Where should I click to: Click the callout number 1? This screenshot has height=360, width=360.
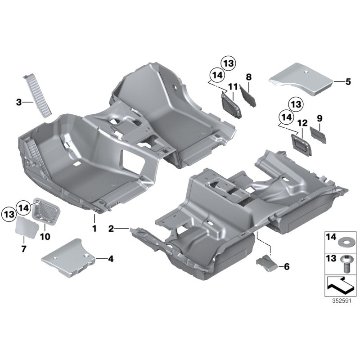click(x=94, y=229)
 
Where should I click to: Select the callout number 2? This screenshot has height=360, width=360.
click(x=111, y=229)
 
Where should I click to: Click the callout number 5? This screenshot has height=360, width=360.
click(x=347, y=82)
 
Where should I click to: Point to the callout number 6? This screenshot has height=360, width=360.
click(x=287, y=266)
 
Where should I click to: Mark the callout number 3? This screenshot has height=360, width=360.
click(x=19, y=103)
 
